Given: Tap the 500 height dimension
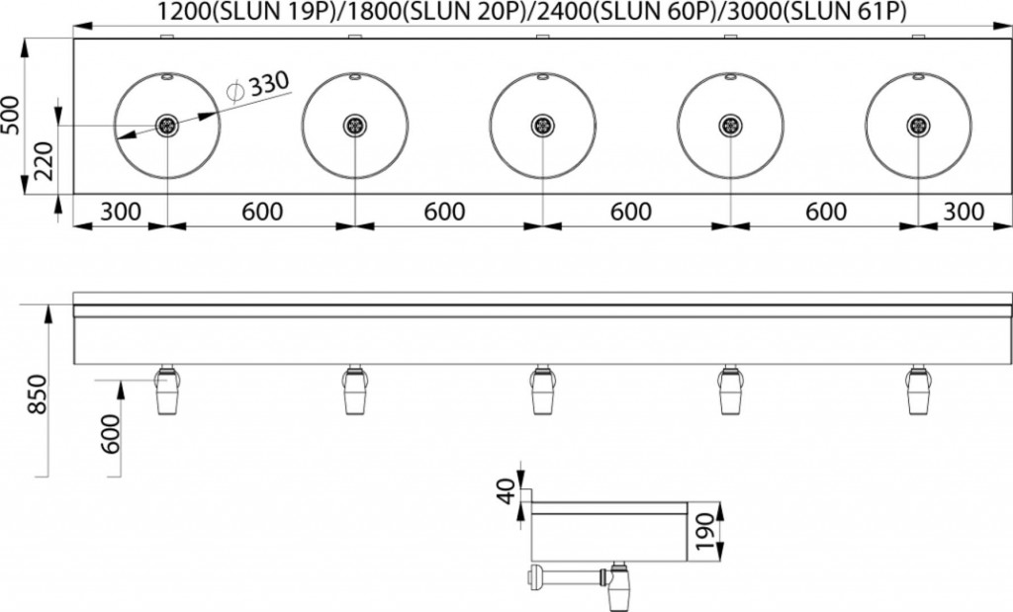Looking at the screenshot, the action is click(11, 115).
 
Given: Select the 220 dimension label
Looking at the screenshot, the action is click(44, 161).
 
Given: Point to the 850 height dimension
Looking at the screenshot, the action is click(37, 394).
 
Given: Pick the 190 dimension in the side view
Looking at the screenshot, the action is click(705, 532).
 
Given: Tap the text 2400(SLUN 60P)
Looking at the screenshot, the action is click(629, 11).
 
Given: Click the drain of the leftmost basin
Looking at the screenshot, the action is click(167, 126).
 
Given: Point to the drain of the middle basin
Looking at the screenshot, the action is click(543, 126).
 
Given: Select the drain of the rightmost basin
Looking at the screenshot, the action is click(918, 126).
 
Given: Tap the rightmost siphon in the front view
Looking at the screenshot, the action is click(917, 390).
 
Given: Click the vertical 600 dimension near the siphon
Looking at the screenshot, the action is click(112, 434).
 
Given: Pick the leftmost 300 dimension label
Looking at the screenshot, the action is click(121, 212).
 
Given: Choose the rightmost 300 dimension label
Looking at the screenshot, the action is click(965, 212).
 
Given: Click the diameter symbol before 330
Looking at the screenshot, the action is click(235, 91).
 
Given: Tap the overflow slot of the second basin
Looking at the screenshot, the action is click(355, 77).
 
